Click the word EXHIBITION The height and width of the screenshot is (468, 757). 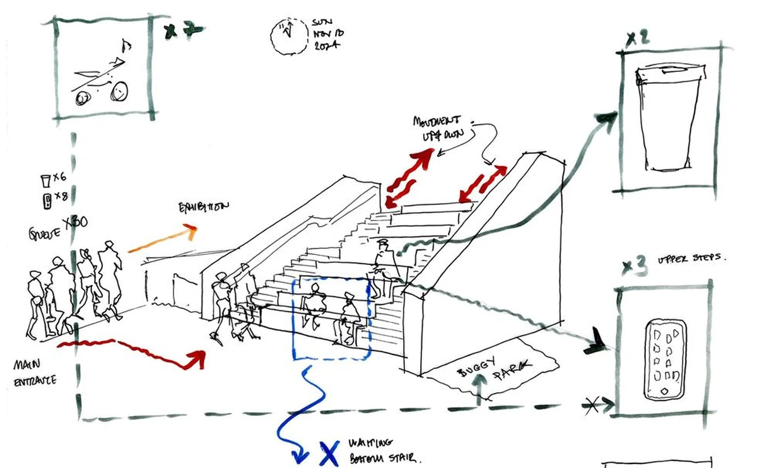click(x=204, y=206)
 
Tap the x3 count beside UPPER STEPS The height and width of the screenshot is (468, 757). click(x=633, y=267)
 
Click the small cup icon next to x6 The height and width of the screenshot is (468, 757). click(x=44, y=182)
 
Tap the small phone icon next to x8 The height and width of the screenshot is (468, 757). click(x=45, y=201)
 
